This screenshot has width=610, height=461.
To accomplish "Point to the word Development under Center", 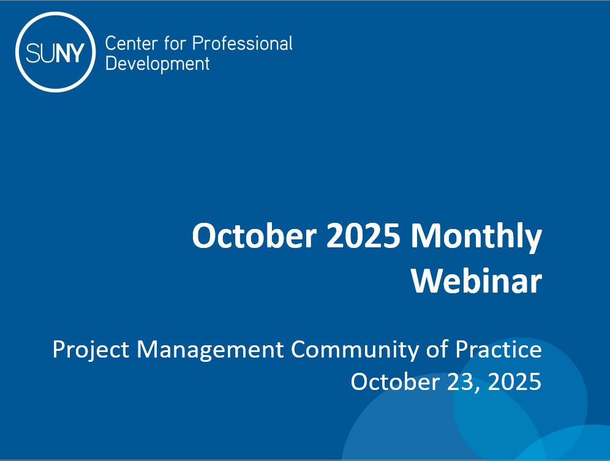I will point(157,63).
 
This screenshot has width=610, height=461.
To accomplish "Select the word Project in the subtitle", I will point(91,350).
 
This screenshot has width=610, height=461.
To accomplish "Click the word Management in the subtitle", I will point(210,351).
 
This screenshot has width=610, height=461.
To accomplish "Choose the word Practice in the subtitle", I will point(499,350).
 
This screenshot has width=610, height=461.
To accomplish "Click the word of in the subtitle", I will point(436,350).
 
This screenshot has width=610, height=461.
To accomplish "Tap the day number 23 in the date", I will point(462,381).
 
